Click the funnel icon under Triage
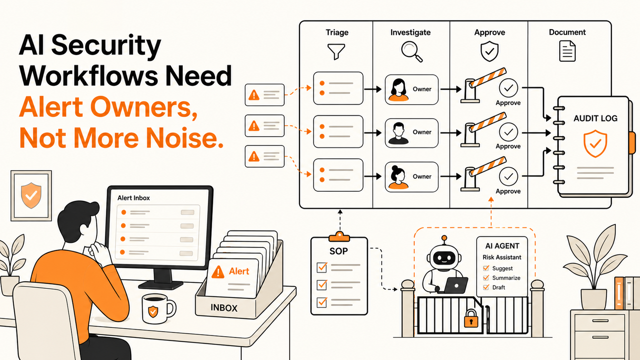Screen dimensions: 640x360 (336, 51)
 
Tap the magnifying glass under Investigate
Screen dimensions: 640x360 (411, 51)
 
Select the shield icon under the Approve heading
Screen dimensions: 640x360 (490, 51)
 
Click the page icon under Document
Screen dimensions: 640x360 (567, 51)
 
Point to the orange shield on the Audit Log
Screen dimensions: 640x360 (595, 143)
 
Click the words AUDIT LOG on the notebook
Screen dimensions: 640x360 (595, 118)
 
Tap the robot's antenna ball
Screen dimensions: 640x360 (444, 238)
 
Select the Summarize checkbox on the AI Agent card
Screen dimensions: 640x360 (486, 278)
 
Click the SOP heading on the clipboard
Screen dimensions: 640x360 (339, 251)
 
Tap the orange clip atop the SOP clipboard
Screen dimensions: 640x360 (339, 237)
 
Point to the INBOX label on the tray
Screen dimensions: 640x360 (224, 308)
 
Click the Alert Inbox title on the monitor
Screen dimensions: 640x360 (133, 198)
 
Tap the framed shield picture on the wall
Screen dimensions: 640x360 (31, 196)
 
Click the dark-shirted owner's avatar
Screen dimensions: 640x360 (398, 133)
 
